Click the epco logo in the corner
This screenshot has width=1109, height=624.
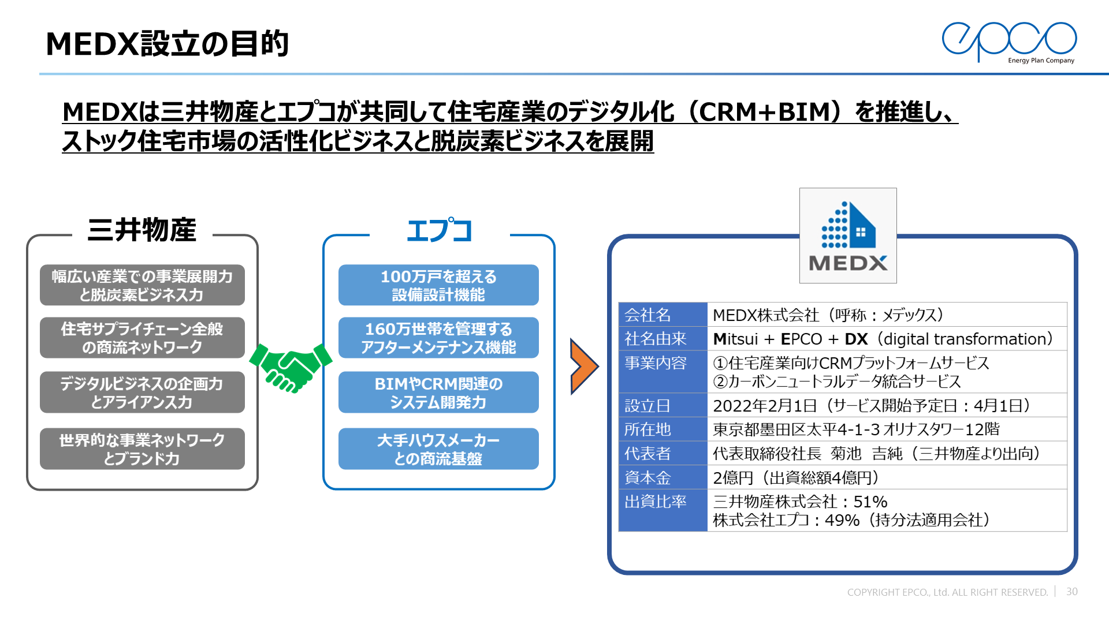(x=1009, y=42)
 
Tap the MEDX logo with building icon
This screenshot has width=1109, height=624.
(x=848, y=236)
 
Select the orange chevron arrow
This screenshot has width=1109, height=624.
(x=584, y=367)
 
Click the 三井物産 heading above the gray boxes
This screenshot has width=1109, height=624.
(x=142, y=230)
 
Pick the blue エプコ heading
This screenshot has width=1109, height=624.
(x=440, y=230)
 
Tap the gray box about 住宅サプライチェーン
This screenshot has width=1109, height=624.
(x=142, y=338)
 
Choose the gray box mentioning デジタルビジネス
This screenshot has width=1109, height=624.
(x=142, y=393)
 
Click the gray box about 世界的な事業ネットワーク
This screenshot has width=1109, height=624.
(x=142, y=449)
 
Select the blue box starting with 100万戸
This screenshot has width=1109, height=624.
(x=438, y=285)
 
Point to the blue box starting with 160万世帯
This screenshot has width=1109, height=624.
(x=438, y=338)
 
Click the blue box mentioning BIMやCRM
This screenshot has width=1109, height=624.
(x=438, y=393)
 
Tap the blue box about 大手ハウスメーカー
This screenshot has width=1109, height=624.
(x=438, y=449)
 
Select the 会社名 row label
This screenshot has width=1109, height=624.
(x=647, y=315)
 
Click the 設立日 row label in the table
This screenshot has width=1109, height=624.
(x=647, y=406)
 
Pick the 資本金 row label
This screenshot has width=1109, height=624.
(x=647, y=478)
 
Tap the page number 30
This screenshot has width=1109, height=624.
(x=1071, y=592)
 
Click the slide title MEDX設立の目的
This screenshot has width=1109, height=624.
(x=167, y=44)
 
